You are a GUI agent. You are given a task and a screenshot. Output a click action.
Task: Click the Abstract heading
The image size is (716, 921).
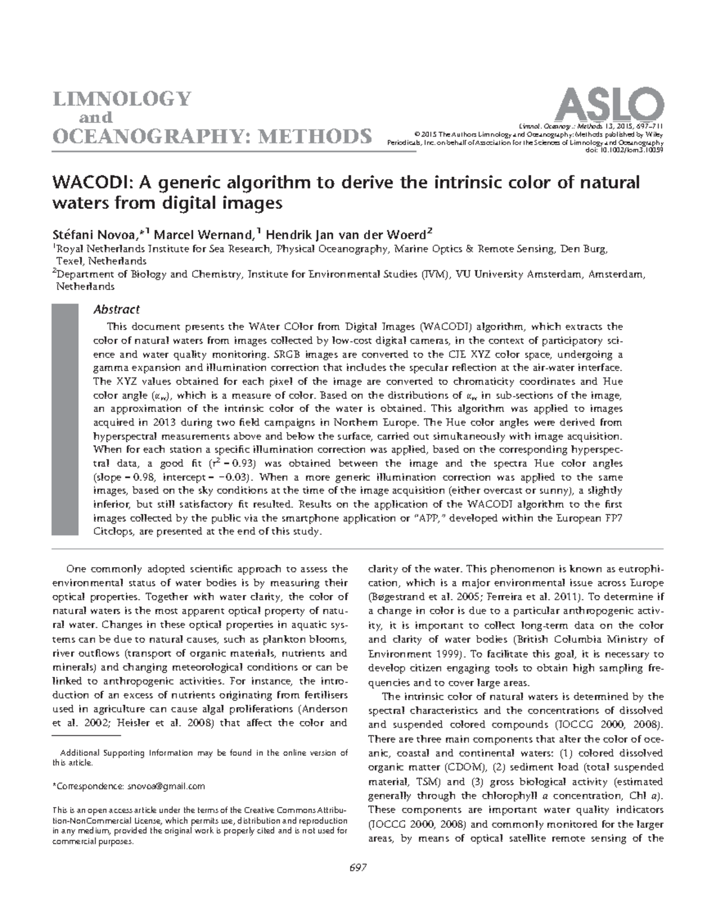coord(117,309)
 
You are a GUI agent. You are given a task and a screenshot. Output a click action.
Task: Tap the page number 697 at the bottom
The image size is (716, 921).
coord(357,867)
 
